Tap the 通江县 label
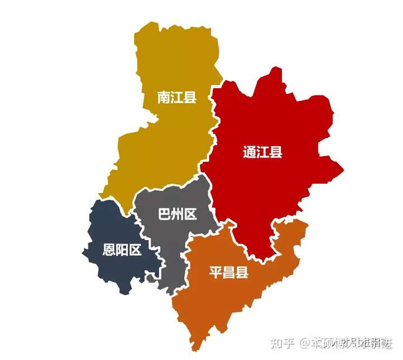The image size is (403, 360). (263, 152)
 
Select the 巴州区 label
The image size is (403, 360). (177, 214)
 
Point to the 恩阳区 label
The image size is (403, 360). (121, 250)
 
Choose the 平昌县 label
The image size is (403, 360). (228, 273)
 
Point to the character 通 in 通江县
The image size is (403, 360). (250, 152)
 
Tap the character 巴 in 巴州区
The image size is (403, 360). (165, 214)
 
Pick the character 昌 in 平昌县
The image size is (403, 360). (228, 273)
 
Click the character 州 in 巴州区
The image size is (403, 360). (177, 214)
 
